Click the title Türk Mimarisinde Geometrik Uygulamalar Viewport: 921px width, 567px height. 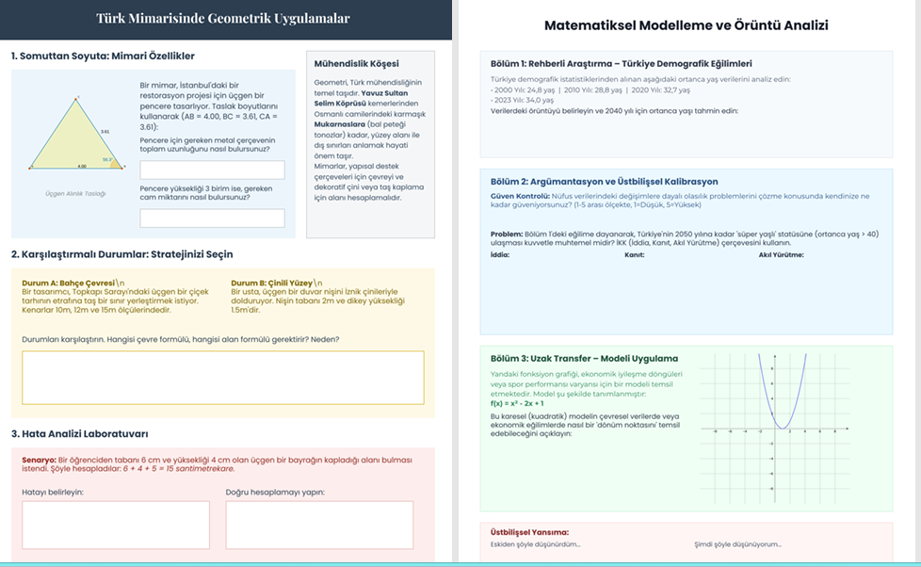click(223, 19)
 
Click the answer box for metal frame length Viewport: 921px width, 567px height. click(212, 170)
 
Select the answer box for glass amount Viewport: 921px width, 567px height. click(212, 218)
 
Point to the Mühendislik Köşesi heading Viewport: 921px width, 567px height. click(356, 63)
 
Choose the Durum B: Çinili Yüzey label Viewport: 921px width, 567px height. click(272, 282)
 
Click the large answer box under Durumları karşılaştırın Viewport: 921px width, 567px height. click(222, 378)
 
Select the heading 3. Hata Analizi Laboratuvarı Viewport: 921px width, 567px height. click(80, 433)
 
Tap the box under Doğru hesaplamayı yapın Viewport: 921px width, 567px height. click(319, 525)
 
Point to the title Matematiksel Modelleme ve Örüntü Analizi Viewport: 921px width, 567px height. click(687, 26)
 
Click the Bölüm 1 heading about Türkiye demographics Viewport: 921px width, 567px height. click(621, 63)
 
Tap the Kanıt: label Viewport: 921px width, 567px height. click(634, 254)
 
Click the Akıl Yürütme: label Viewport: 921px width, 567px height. click(782, 254)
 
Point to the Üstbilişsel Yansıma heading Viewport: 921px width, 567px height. click(529, 532)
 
